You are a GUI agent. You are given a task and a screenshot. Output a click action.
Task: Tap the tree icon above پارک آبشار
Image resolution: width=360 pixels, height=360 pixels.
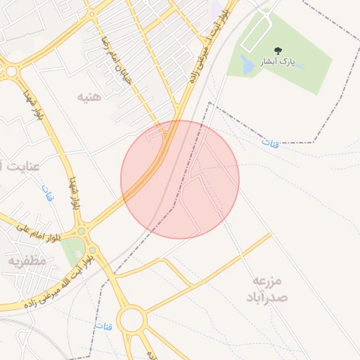click(x=280, y=49)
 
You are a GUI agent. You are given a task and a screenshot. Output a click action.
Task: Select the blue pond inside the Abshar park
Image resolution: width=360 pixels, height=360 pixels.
click(x=247, y=65)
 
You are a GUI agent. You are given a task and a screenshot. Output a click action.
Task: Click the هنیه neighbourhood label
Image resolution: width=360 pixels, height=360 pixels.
click(x=89, y=96)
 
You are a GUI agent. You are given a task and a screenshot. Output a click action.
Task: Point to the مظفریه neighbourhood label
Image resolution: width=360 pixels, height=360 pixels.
click(x=27, y=261)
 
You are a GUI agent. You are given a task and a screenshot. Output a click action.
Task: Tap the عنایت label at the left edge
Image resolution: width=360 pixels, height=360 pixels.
click(x=20, y=167)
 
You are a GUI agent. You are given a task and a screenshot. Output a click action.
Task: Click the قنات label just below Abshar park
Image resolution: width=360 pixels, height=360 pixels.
click(x=270, y=143)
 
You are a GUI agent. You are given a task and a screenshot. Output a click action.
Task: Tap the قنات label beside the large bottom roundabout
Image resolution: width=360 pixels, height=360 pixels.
click(x=104, y=327)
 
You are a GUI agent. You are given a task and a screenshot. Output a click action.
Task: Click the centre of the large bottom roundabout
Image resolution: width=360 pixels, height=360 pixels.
click(x=131, y=321)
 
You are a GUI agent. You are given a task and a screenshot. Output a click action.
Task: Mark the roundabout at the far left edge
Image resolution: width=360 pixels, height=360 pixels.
click(x=9, y=70)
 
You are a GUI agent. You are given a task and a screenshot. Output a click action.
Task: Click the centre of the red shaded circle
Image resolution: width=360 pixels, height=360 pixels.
click(x=180, y=179)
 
